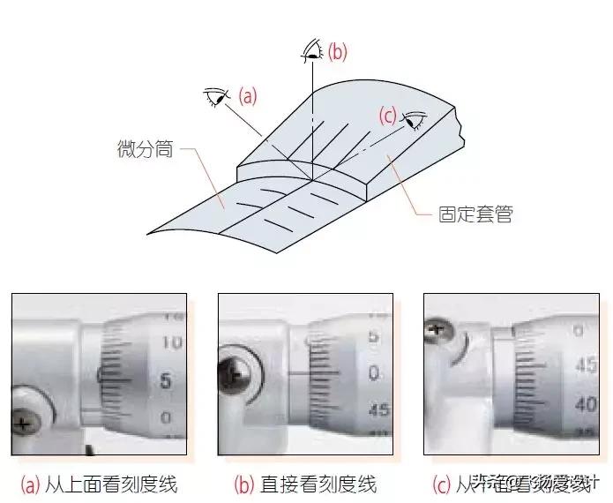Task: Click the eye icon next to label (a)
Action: pyautogui.click(x=217, y=95)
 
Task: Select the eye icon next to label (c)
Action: pyautogui.click(x=415, y=119)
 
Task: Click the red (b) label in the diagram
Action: pyautogui.click(x=337, y=52)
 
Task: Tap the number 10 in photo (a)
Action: pyautogui.click(x=172, y=342)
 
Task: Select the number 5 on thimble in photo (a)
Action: pyautogui.click(x=166, y=381)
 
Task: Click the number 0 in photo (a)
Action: pyautogui.click(x=167, y=417)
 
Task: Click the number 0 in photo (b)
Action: pyautogui.click(x=374, y=373)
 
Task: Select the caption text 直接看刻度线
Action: pyautogui.click(x=318, y=484)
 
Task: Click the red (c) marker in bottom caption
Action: pyautogui.click(x=441, y=484)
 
